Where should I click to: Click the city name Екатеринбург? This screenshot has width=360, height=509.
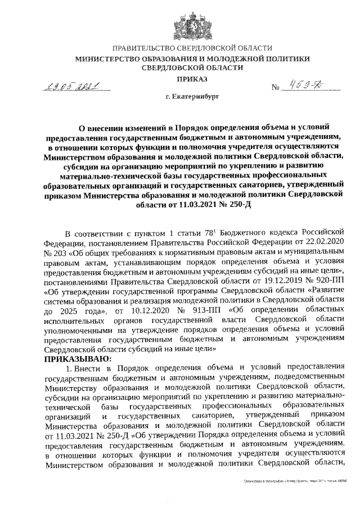195,97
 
